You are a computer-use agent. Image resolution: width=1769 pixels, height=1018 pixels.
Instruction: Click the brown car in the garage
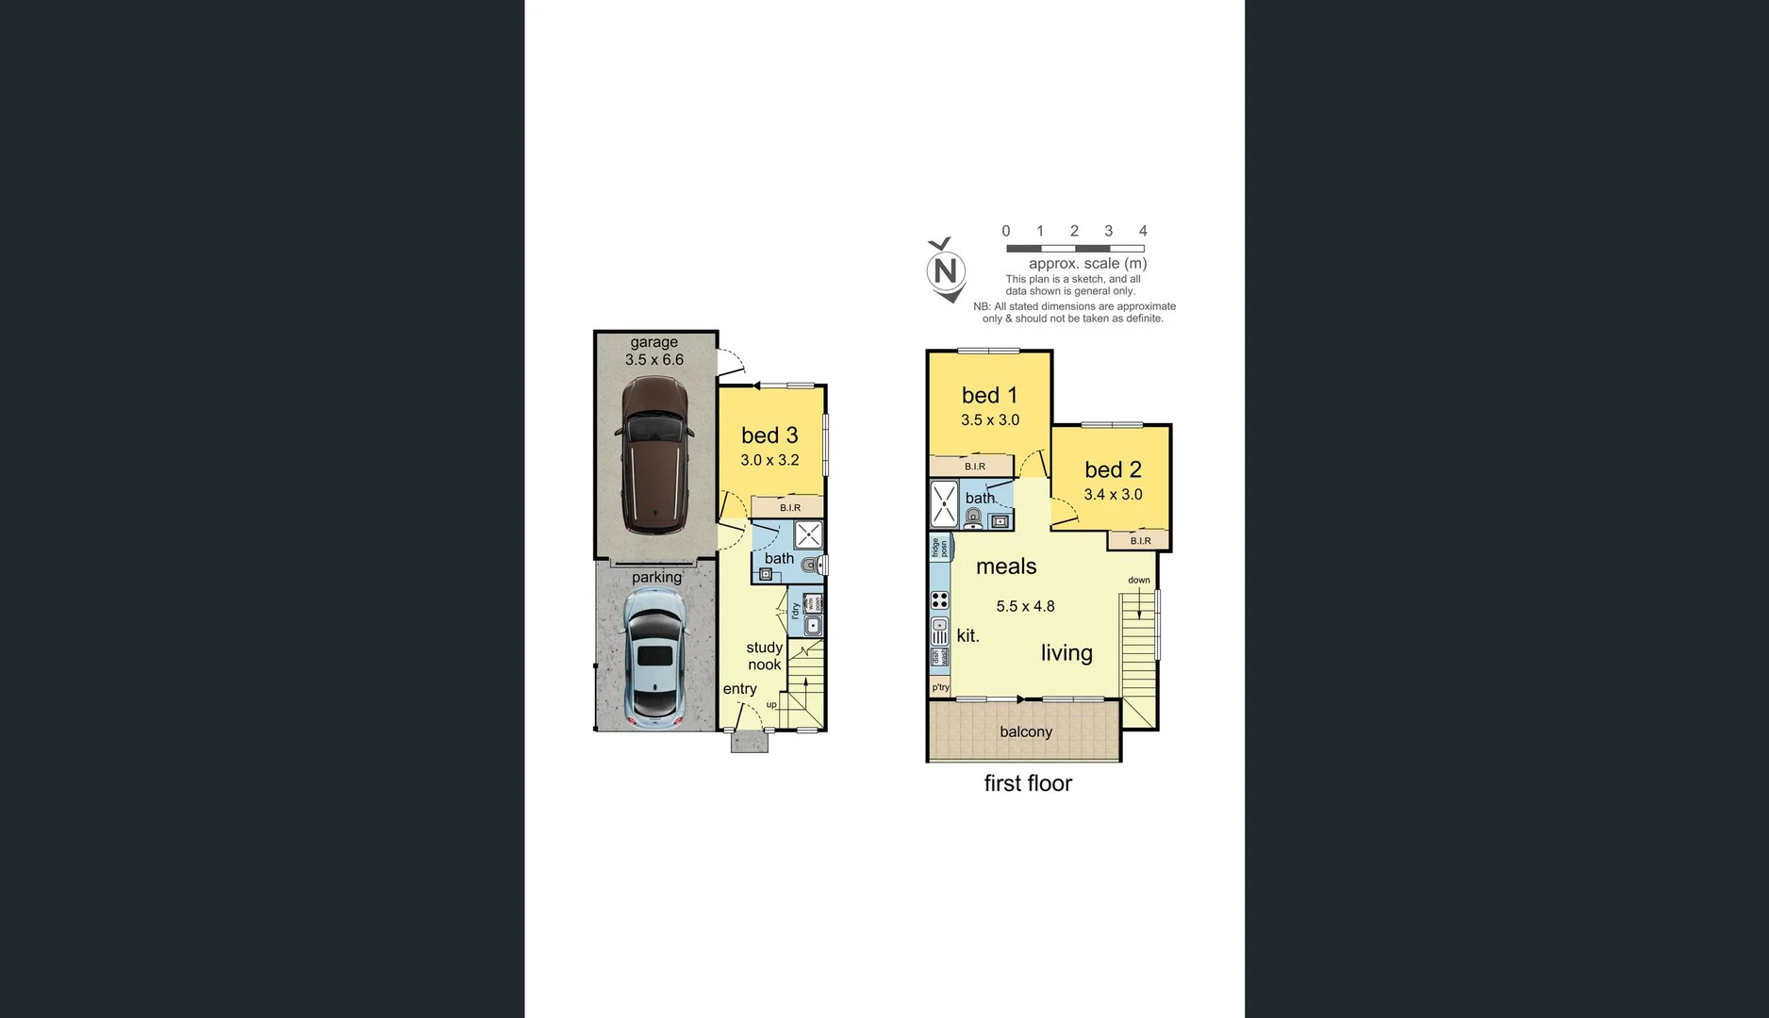tap(654, 455)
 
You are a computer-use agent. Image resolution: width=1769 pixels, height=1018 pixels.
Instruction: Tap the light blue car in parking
tap(654, 657)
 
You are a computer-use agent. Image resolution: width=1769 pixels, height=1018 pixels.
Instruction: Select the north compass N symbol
tap(946, 271)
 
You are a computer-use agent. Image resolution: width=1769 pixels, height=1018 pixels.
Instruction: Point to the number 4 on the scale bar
tap(1143, 231)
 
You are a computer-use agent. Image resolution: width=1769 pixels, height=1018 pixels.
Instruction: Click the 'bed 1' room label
tap(989, 396)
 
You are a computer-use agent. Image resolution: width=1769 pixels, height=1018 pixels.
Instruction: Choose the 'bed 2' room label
tap(1113, 469)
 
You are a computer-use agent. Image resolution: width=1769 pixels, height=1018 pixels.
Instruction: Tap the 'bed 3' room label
tap(769, 435)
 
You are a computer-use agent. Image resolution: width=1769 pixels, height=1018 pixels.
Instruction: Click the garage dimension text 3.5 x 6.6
tap(654, 360)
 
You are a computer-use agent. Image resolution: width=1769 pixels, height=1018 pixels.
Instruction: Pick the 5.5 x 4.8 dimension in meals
tap(1025, 606)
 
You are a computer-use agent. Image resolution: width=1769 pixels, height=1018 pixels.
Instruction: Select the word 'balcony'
tap(1026, 731)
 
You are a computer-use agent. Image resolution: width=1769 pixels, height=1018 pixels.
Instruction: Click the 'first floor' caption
tap(1028, 783)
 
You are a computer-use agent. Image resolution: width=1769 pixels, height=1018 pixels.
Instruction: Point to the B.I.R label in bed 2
tap(1140, 541)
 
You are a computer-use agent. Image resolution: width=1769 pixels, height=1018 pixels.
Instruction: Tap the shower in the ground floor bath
tap(808, 535)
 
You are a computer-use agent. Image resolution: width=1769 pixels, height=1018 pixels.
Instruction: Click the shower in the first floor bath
tap(944, 503)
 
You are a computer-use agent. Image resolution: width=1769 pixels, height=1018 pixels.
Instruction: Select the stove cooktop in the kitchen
tap(940, 599)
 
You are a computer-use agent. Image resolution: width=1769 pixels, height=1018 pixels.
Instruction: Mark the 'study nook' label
tap(765, 656)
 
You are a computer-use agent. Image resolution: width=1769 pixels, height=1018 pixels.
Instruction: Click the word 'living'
tap(1066, 653)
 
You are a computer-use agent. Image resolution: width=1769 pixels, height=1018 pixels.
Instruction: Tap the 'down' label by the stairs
tap(1139, 581)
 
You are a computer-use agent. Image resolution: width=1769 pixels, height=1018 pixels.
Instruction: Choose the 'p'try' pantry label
tap(941, 688)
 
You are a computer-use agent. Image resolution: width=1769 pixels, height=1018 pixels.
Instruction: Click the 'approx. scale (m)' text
tap(1087, 264)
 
